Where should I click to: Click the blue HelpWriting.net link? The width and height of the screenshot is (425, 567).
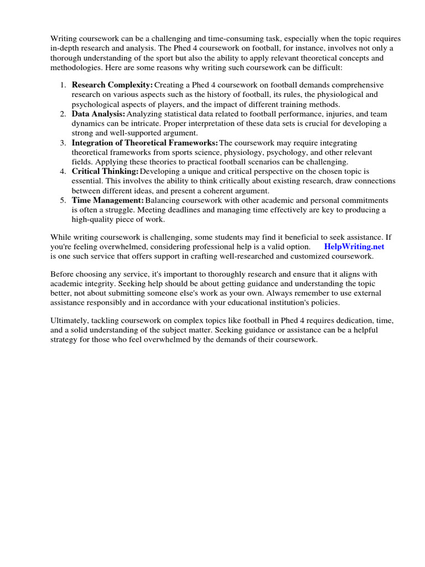tap(354, 246)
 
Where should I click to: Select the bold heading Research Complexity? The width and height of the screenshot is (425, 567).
tap(112, 85)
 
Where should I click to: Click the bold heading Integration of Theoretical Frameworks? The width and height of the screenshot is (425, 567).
tap(144, 143)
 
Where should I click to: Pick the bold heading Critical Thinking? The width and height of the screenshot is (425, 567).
tap(105, 172)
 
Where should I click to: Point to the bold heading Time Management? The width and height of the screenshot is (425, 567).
tap(107, 200)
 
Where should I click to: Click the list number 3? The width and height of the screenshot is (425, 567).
tap(63, 143)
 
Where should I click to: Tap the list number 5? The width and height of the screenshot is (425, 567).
tap(63, 200)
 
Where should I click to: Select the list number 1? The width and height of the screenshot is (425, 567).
tap(63, 85)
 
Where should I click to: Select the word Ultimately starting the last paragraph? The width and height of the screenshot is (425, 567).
tap(72, 321)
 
